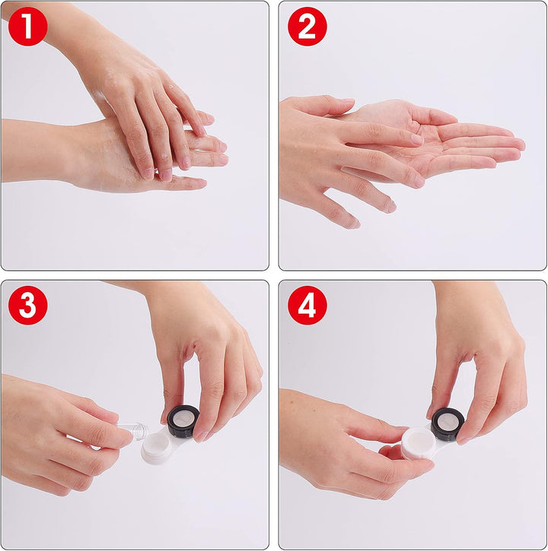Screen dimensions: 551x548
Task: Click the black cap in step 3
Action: pos(183,419)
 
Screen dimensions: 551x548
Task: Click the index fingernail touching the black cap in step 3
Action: pos(202,435)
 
